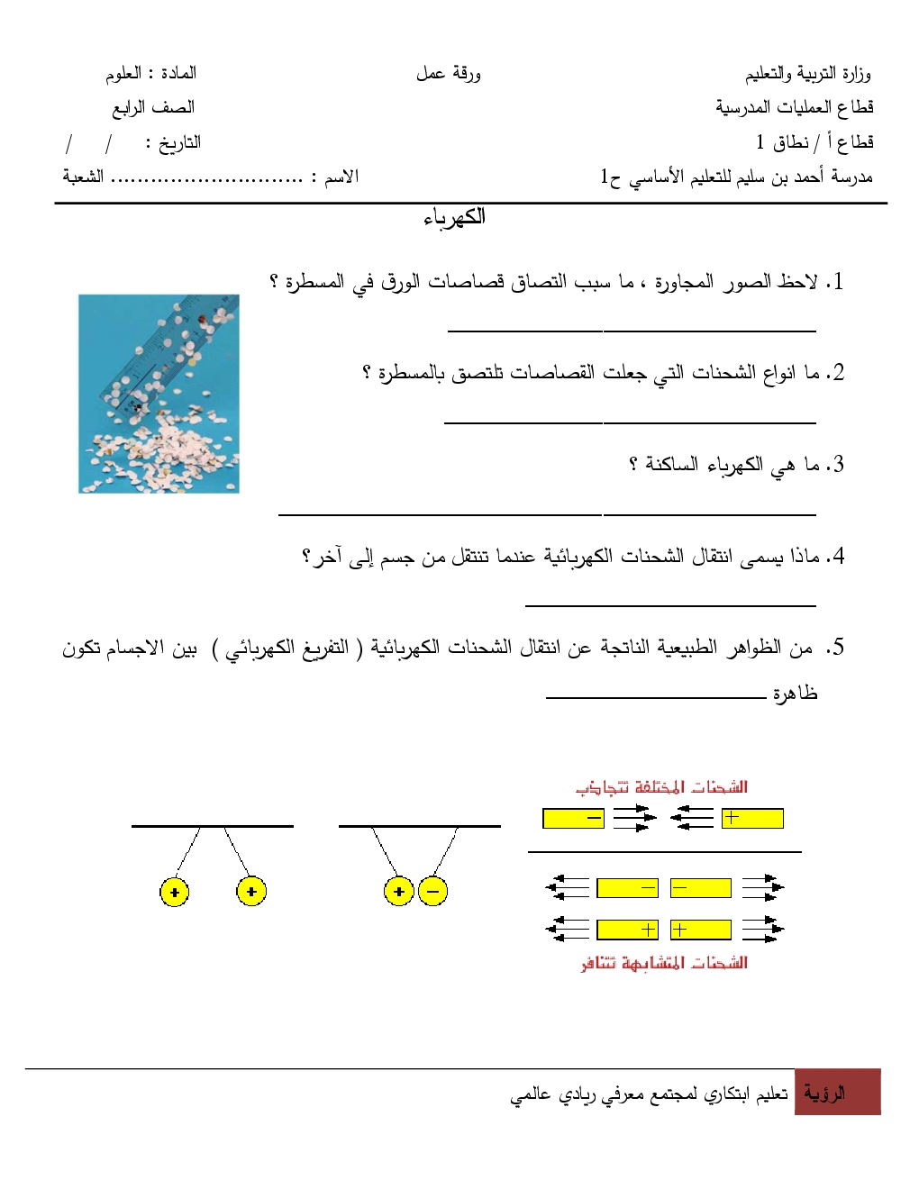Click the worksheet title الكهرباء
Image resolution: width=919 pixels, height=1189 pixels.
454,217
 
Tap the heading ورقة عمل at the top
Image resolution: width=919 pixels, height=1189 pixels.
448,74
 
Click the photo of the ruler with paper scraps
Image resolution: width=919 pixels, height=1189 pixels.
159,394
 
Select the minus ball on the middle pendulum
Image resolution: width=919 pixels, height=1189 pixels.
432,892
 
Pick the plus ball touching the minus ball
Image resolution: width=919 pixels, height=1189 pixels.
398,892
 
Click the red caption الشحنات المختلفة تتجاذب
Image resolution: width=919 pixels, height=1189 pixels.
661,787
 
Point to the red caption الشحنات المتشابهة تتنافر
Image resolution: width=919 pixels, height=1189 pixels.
664,963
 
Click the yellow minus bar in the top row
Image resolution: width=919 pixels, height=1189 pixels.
573,818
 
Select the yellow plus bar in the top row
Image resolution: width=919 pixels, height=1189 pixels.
752,818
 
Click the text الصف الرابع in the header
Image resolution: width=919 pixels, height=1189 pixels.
153,108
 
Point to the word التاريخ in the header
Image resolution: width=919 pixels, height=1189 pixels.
179,143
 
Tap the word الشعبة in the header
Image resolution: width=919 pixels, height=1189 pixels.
83,177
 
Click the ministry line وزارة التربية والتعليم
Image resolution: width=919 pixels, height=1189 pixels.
807,74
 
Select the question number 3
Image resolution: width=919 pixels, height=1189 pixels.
838,465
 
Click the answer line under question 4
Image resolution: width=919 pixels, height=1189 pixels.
670,604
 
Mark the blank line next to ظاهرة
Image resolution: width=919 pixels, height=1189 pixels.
655,696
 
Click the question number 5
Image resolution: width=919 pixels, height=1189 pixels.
838,648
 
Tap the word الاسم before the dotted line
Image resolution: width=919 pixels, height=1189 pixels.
341,177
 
